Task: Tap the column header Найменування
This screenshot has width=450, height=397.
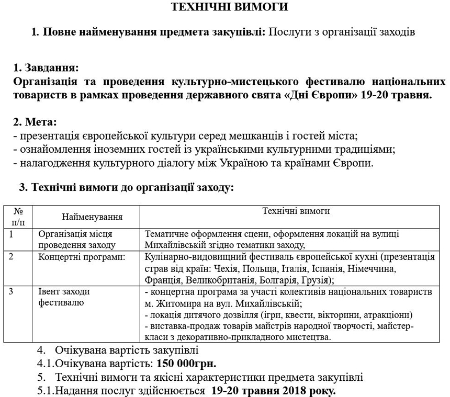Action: (x=92, y=216)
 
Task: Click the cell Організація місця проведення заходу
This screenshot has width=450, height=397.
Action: (x=75, y=240)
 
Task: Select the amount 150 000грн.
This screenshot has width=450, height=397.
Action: (x=186, y=363)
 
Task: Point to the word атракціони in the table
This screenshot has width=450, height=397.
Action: (x=387, y=315)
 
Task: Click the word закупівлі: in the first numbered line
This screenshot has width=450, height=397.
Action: (x=241, y=32)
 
